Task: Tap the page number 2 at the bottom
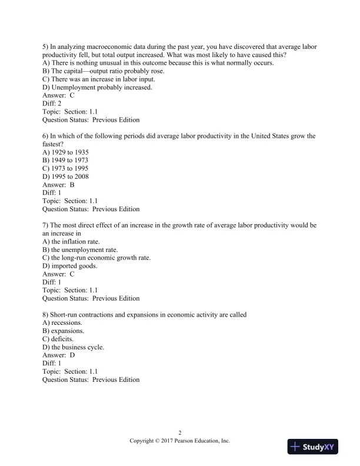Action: pyautogui.click(x=179, y=432)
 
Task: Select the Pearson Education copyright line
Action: pyautogui.click(x=179, y=440)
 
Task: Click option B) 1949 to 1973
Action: pyautogui.click(x=66, y=160)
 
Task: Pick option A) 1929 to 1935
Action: pyautogui.click(x=66, y=152)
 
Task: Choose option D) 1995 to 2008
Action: pyautogui.click(x=66, y=177)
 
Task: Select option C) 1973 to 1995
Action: pyautogui.click(x=66, y=168)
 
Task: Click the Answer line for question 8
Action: pyautogui.click(x=59, y=355)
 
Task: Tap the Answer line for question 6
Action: pyautogui.click(x=59, y=185)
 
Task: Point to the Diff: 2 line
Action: pyautogui.click(x=52, y=104)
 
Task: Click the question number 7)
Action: pyautogui.click(x=46, y=225)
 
